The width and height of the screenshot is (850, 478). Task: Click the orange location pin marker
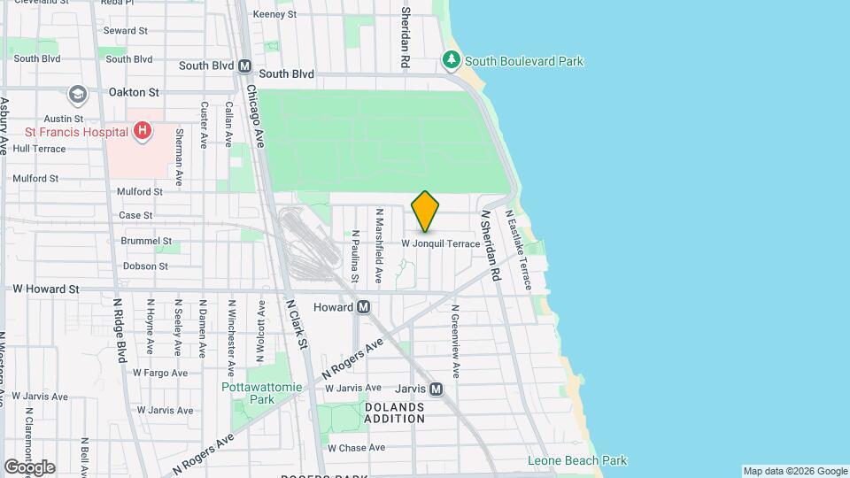pyautogui.click(x=426, y=211)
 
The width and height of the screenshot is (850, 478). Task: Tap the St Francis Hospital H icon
pyautogui.click(x=142, y=132)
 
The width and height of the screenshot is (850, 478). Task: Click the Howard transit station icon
pyautogui.click(x=363, y=307)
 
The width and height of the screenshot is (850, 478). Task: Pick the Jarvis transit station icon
pyautogui.click(x=436, y=389)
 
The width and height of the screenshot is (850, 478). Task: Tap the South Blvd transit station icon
pyautogui.click(x=245, y=66)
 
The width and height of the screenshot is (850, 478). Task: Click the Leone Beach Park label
pyautogui.click(x=576, y=460)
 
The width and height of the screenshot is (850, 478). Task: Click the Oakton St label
pyautogui.click(x=133, y=91)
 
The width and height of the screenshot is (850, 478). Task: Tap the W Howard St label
pyautogui.click(x=46, y=289)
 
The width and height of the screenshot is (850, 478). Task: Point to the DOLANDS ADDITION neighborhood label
pyautogui.click(x=394, y=412)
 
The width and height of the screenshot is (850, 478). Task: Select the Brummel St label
pyautogui.click(x=145, y=241)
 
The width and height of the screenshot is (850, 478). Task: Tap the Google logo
pyautogui.click(x=28, y=466)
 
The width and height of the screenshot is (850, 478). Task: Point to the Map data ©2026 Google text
pyautogui.click(x=795, y=471)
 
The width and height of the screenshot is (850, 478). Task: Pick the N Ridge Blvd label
pyautogui.click(x=120, y=329)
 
